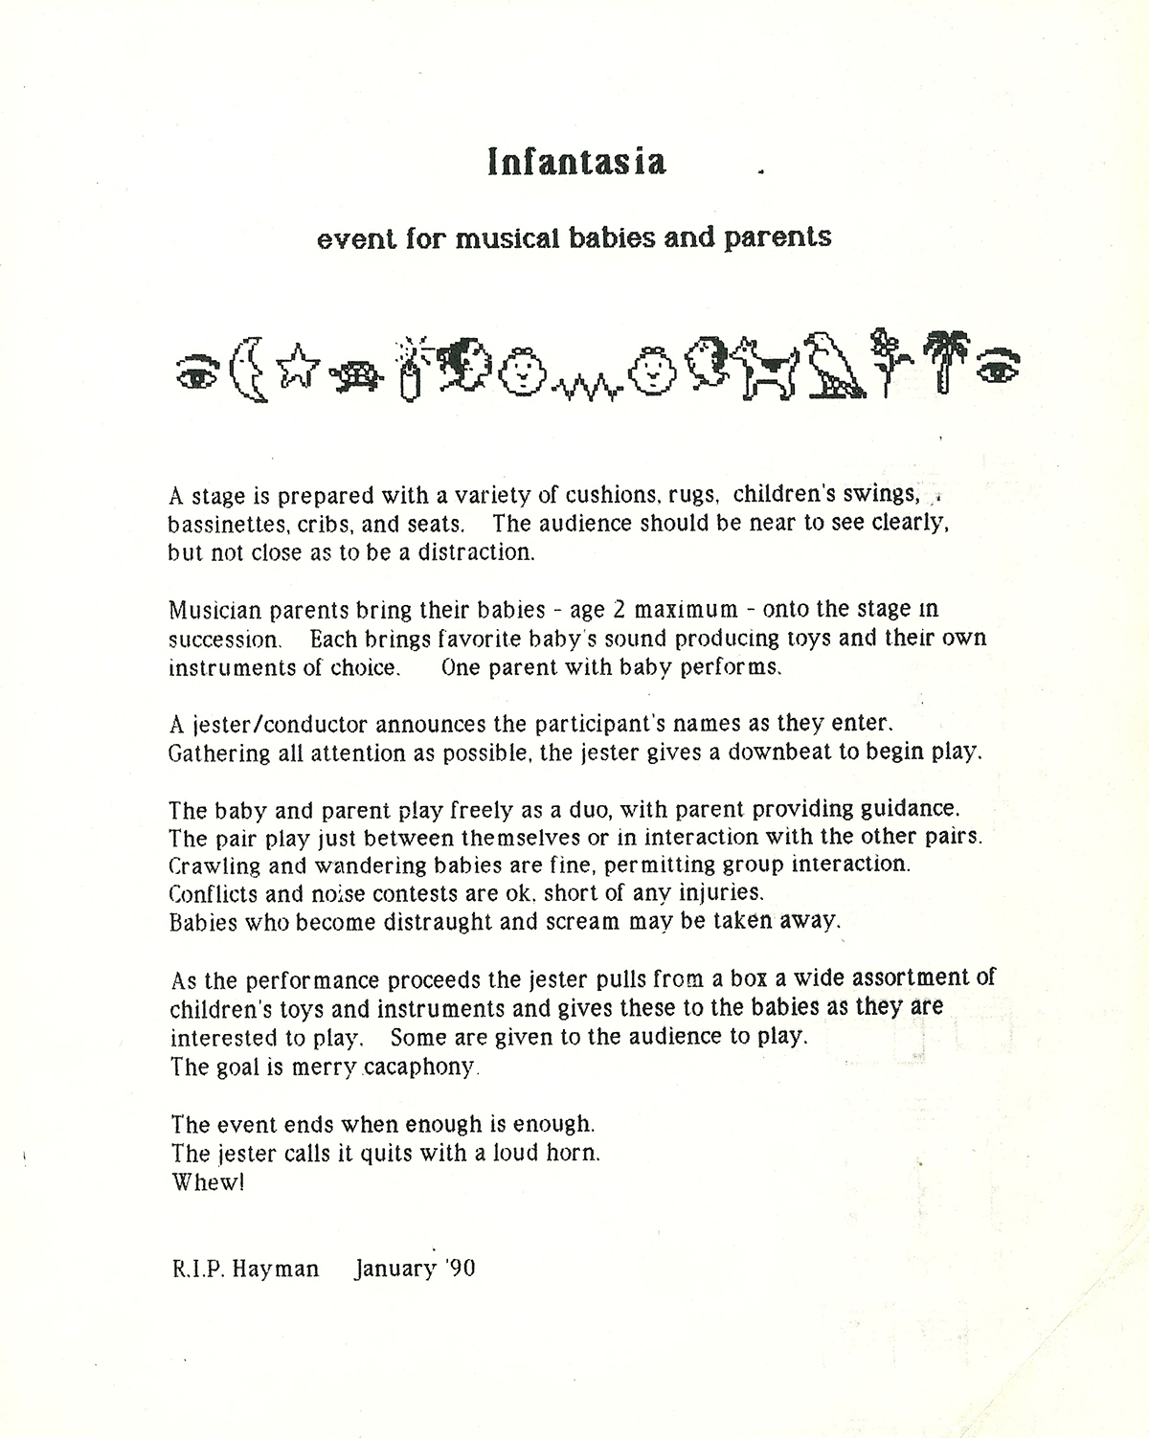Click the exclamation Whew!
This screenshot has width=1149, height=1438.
click(x=208, y=1182)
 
